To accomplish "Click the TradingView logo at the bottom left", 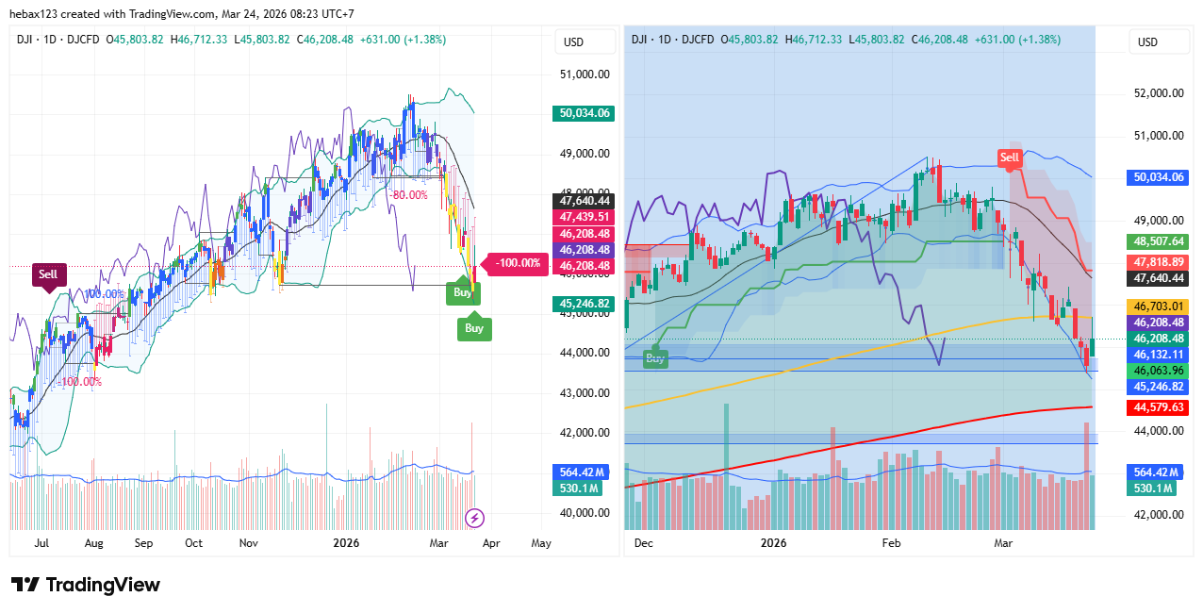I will tap(85, 585).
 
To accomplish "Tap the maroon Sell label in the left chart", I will tap(47, 274).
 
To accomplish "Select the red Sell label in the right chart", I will tap(1010, 157).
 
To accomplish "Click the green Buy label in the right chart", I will tap(655, 358).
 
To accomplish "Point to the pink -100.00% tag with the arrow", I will tap(518, 263).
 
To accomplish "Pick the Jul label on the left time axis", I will tap(41, 543).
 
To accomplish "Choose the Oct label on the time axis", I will tap(193, 543).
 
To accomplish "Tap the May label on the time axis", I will tap(541, 543).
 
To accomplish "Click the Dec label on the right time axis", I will tap(645, 543).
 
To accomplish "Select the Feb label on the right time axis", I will tap(891, 543).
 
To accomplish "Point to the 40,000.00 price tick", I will tap(585, 513).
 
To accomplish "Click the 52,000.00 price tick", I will tap(1158, 93).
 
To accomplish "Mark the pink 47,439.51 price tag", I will tap(585, 217).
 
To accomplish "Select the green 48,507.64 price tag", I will tap(1159, 241).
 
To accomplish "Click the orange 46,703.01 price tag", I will tap(1159, 306).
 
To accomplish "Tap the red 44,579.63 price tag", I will tap(1159, 407).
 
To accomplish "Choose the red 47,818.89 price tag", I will tap(1159, 262).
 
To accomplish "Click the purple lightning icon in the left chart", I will tap(476, 518).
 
